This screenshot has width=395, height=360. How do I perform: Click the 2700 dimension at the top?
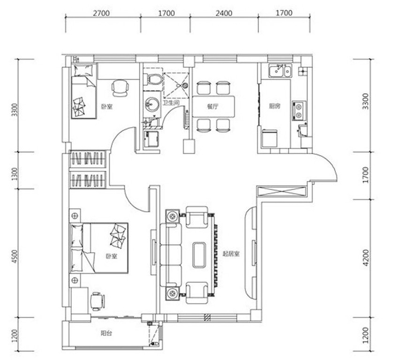coord(101,13)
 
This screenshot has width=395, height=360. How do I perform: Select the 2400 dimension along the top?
coord(224,13)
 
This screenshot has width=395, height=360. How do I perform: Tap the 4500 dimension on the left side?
coord(15,256)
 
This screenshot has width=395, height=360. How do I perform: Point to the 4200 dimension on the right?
coord(366,257)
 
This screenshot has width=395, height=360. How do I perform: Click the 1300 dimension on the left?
coord(15,174)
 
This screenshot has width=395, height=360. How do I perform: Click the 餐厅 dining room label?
coord(213,106)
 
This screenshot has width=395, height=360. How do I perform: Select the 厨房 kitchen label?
coord(274,106)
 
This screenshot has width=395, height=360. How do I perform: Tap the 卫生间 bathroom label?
coord(171,103)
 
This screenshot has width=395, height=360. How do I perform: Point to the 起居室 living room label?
coord(231,254)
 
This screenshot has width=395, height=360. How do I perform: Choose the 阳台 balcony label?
coord(106,334)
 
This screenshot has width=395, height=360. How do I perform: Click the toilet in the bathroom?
coord(152,80)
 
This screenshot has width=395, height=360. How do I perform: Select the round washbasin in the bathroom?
coord(152,104)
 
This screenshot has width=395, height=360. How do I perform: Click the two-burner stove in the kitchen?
coord(299,111)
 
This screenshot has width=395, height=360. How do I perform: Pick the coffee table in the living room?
coord(199,255)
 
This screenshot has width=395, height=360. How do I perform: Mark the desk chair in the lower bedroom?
coord(98,301)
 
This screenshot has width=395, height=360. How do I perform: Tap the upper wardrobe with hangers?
coord(88,158)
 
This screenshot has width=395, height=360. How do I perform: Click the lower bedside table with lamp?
coord(75,280)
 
